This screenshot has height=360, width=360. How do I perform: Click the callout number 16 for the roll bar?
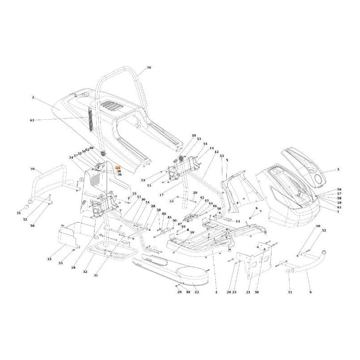click(x=149, y=67)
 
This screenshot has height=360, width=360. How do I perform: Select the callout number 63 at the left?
click(x=31, y=120)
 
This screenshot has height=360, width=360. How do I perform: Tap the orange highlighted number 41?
click(x=118, y=167)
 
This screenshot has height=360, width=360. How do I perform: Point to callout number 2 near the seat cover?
click(x=33, y=97)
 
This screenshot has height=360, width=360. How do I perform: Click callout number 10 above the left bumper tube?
click(x=32, y=169)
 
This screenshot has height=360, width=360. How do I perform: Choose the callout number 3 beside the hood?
click(x=339, y=170)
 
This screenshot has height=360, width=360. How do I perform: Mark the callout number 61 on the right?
click(x=339, y=207)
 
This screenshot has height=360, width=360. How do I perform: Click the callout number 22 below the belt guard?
click(x=197, y=292)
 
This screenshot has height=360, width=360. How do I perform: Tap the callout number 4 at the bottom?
click(x=216, y=292)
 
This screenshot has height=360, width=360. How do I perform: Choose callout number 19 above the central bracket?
click(x=194, y=135)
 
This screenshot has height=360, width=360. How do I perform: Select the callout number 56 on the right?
click(x=339, y=189)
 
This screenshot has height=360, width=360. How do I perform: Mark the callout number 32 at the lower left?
click(x=85, y=272)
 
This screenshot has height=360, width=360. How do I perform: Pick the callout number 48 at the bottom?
click(x=188, y=292)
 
